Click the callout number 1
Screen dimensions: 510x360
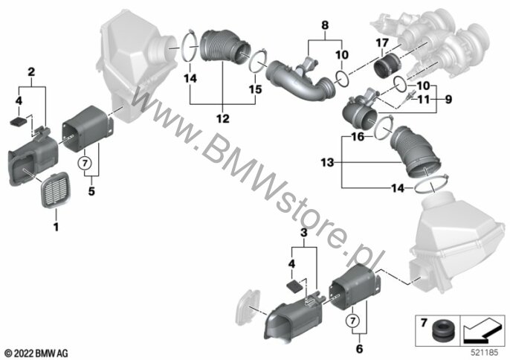(56, 227)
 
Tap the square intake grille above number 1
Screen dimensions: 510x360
(56, 190)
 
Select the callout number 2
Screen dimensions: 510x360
(31, 71)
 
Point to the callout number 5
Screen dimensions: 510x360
(91, 191)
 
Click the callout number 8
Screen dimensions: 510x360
(325, 25)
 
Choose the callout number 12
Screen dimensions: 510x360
(223, 118)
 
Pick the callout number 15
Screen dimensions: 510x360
(255, 89)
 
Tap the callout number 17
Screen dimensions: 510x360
(382, 42)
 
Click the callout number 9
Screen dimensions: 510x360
(448, 99)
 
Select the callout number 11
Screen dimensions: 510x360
(424, 99)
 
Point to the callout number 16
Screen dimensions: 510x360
(358, 137)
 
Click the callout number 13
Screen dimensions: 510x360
(328, 162)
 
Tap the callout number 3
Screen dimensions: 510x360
(304, 233)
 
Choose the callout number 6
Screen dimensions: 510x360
(359, 349)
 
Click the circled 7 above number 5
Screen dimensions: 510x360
(85, 163)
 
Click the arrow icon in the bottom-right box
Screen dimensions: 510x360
(482, 330)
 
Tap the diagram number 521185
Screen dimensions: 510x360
(484, 353)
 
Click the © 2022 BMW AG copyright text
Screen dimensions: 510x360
(36, 353)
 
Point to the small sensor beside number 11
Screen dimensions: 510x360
(407, 98)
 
